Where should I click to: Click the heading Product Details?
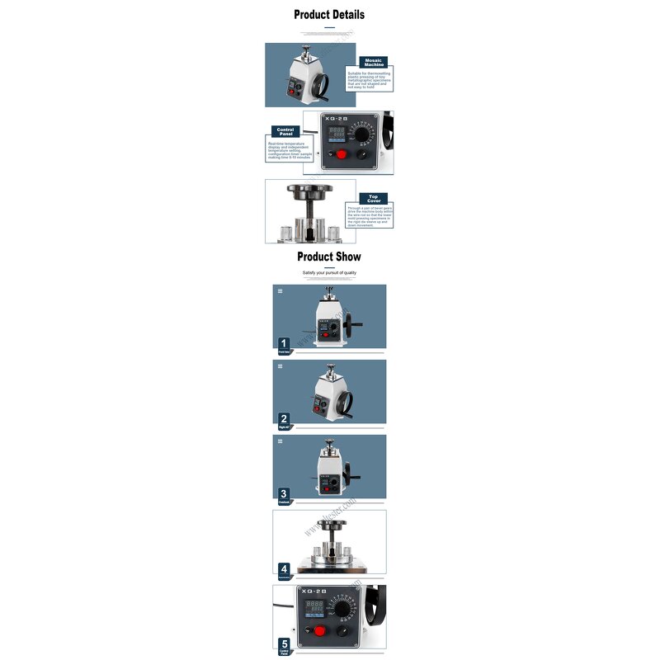click(x=329, y=14)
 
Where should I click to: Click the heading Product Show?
click(x=329, y=257)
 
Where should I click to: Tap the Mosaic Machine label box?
click(x=375, y=62)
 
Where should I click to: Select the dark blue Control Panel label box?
click(x=285, y=131)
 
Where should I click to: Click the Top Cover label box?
click(x=373, y=198)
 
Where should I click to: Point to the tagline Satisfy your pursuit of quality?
click(x=329, y=272)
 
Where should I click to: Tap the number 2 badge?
click(x=284, y=418)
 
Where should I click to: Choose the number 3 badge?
click(x=284, y=493)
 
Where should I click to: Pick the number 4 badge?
click(x=284, y=568)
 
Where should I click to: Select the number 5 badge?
click(x=284, y=643)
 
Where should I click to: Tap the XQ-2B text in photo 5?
click(x=316, y=592)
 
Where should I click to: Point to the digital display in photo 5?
click(x=315, y=610)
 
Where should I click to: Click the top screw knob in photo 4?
click(x=330, y=524)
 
